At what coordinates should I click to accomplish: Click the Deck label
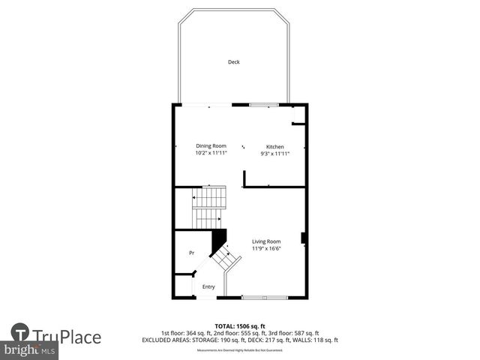234,62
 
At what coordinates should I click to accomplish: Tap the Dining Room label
211,145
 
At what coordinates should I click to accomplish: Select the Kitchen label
275,145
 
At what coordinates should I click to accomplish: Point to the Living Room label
266,241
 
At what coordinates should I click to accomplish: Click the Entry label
208,286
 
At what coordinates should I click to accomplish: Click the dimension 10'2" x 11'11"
211,153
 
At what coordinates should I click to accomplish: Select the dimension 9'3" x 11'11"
275,153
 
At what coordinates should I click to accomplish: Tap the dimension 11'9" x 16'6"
266,248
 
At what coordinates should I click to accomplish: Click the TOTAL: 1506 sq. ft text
240,326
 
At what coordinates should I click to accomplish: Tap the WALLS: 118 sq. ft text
319,340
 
